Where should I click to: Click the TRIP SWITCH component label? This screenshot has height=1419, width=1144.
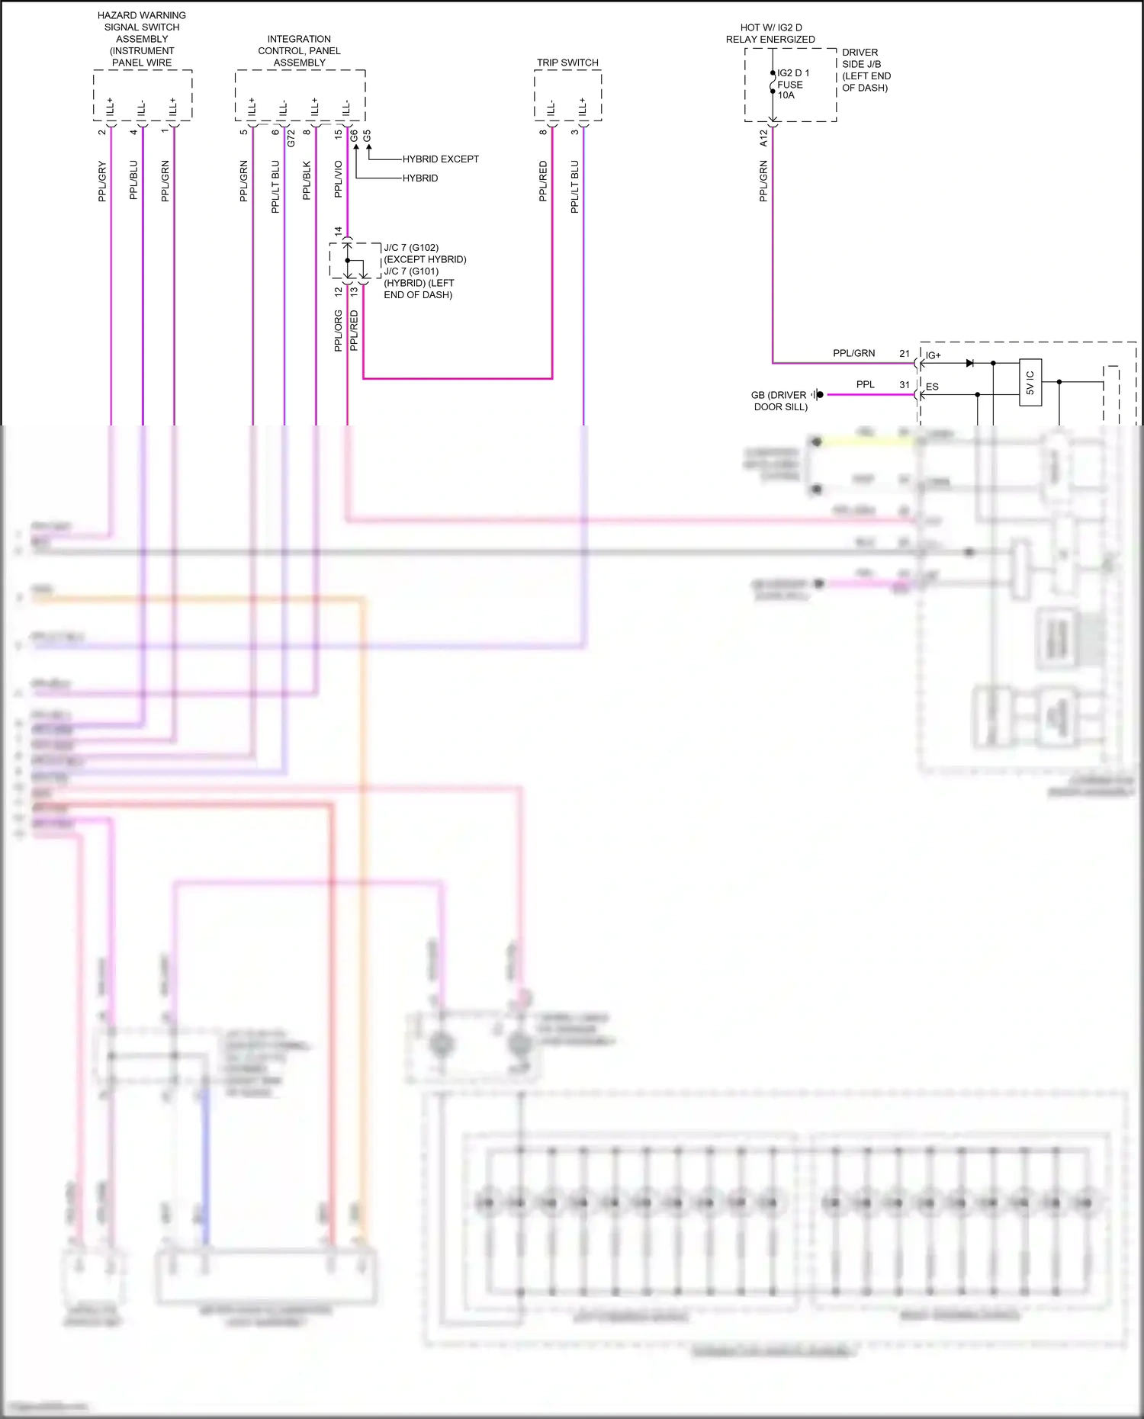pyautogui.click(x=567, y=63)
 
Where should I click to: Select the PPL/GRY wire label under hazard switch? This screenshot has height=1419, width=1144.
pyautogui.click(x=102, y=181)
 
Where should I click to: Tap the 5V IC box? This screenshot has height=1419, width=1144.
pyautogui.click(x=1030, y=382)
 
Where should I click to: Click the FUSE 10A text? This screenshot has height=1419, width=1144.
pyautogui.click(x=789, y=90)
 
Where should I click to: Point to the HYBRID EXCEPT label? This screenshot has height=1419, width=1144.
pyautogui.click(x=440, y=159)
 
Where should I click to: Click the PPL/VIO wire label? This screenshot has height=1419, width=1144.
pyautogui.click(x=339, y=179)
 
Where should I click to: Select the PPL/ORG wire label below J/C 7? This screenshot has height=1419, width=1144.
pyautogui.click(x=338, y=330)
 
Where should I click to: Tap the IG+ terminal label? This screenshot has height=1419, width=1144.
pyautogui.click(x=933, y=355)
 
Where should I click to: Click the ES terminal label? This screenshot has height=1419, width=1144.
pyautogui.click(x=932, y=387)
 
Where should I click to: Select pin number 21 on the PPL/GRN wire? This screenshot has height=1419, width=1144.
pyautogui.click(x=905, y=354)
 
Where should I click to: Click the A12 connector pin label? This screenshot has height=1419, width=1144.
pyautogui.click(x=763, y=138)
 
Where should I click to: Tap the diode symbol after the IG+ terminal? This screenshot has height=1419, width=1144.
pyautogui.click(x=969, y=363)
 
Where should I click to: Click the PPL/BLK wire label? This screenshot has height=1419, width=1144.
pyautogui.click(x=307, y=181)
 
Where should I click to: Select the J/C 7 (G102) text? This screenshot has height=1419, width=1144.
pyautogui.click(x=411, y=248)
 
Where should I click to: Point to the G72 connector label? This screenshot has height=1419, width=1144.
pyautogui.click(x=291, y=138)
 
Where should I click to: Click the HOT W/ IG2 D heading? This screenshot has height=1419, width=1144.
pyautogui.click(x=770, y=27)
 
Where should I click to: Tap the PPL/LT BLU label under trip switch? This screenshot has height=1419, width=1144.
pyautogui.click(x=575, y=186)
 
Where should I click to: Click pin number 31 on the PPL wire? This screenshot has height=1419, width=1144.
pyautogui.click(x=905, y=385)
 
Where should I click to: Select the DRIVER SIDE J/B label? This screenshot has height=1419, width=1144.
pyautogui.click(x=861, y=58)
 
